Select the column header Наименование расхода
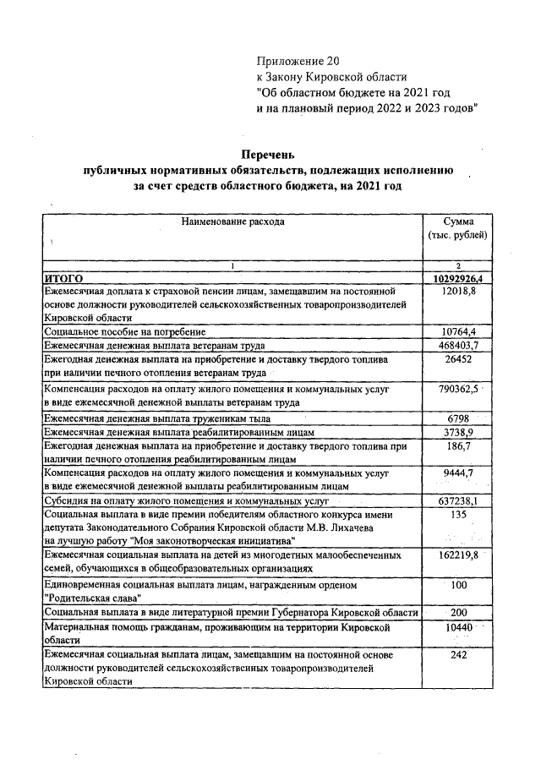(x=232, y=221)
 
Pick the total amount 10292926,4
(x=458, y=277)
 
